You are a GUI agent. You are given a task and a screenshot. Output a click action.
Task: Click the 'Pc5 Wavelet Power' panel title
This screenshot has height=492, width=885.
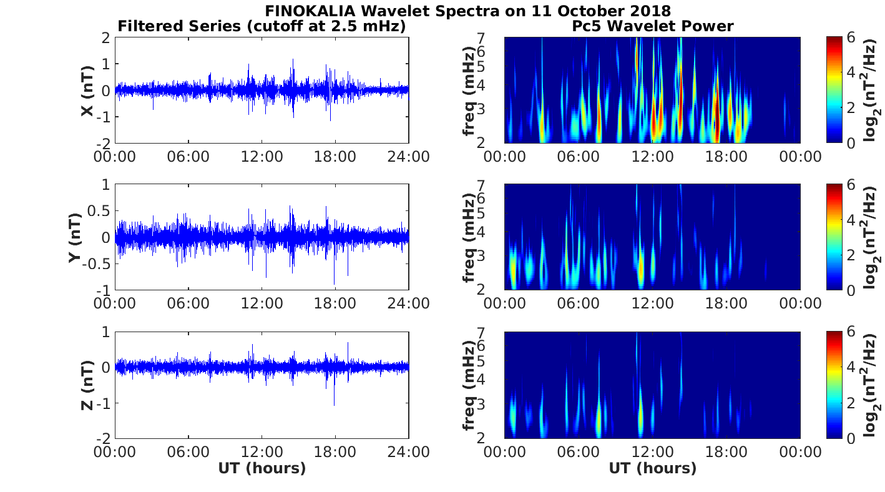coord(652,26)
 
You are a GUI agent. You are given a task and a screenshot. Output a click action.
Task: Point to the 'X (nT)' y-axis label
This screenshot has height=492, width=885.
coord(88,91)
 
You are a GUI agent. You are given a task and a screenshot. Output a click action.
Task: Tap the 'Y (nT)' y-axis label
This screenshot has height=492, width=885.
coord(76,237)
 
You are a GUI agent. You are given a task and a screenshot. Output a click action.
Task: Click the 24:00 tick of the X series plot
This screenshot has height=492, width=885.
coord(409,155)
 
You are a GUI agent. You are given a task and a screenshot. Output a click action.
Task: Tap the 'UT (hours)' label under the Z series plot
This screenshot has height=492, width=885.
coord(262,468)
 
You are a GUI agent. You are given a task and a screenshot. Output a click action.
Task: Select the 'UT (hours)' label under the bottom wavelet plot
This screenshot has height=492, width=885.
coord(652,468)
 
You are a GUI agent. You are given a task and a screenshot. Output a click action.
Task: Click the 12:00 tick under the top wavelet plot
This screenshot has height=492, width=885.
coord(652,155)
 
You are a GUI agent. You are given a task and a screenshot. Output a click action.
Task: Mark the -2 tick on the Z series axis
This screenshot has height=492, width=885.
coord(103,438)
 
